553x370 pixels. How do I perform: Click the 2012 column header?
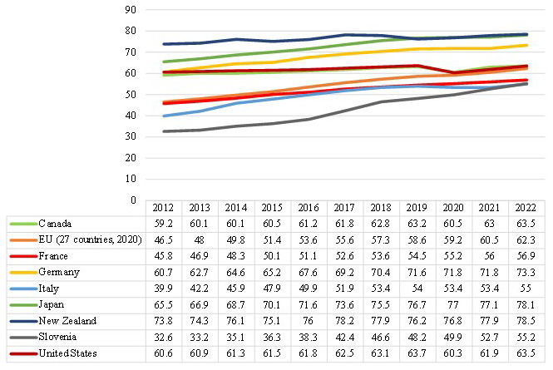[x=163, y=208]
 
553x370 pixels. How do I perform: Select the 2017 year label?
[x=344, y=208]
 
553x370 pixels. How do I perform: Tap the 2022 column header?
[x=526, y=208]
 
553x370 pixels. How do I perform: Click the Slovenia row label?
[x=57, y=337]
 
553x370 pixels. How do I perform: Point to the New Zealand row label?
[x=67, y=321]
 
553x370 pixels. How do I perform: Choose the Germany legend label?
[x=59, y=272]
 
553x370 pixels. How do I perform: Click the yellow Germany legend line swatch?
[x=23, y=272]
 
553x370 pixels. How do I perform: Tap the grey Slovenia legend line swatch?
[x=23, y=338]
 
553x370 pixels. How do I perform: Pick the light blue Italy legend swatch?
[x=23, y=289]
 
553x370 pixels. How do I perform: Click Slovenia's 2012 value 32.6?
[x=163, y=338]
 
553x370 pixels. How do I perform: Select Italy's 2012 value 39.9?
[x=163, y=289]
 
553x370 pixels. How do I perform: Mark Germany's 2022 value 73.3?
[x=526, y=272]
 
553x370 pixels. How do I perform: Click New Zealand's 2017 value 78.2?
[x=344, y=321]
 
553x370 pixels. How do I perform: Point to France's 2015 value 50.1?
[x=272, y=256]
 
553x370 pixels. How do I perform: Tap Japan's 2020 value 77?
[x=453, y=305]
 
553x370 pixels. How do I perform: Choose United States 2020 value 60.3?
[x=453, y=353]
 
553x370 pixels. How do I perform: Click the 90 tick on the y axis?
[x=131, y=10]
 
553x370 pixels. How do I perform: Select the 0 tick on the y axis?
[x=133, y=200]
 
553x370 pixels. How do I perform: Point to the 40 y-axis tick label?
[x=131, y=116]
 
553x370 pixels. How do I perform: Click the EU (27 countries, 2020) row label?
[x=91, y=239]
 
